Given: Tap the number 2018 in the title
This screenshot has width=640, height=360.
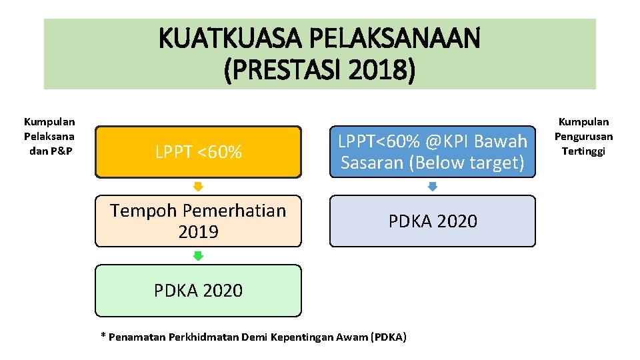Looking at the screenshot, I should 373,69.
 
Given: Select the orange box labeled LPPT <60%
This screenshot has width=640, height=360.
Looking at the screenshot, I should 198,152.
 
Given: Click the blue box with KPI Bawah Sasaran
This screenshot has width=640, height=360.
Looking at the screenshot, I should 432,152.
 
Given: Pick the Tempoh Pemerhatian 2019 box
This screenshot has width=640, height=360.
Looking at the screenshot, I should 198,221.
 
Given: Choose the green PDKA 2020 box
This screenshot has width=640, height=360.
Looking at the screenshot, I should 198,290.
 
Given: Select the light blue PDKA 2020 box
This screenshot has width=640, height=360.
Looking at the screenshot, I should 432,221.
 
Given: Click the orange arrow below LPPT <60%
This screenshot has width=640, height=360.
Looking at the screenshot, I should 198,186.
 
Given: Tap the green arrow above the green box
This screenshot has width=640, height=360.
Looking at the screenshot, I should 198,255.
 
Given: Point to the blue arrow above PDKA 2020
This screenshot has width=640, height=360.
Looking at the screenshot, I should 432,186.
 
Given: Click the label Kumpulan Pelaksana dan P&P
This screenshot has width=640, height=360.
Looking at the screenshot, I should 49,136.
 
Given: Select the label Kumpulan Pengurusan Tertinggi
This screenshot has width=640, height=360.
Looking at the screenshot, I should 585,136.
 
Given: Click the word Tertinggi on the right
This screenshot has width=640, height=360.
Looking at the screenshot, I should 585,151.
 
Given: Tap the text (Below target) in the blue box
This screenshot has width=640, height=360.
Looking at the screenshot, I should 476,163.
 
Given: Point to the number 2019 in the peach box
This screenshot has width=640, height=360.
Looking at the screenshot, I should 198,232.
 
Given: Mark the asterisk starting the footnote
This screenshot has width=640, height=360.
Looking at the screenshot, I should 103,336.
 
